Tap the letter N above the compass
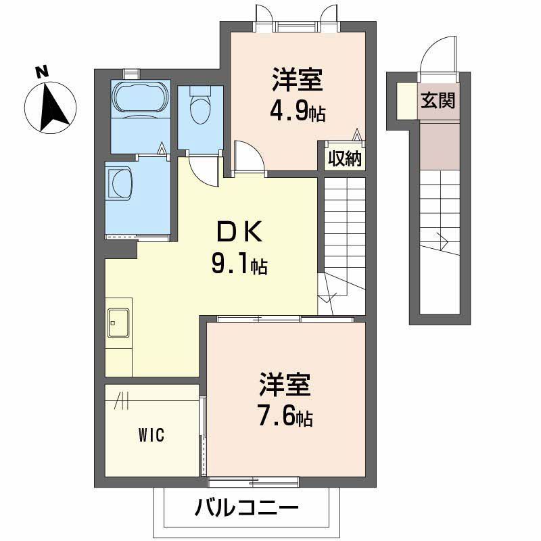click(42, 70)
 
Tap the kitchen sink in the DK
click(118, 323)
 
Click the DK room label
click(238, 232)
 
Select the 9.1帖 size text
click(239, 264)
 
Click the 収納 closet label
click(345, 158)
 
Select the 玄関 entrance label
click(438, 100)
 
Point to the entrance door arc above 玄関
click(437, 57)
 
